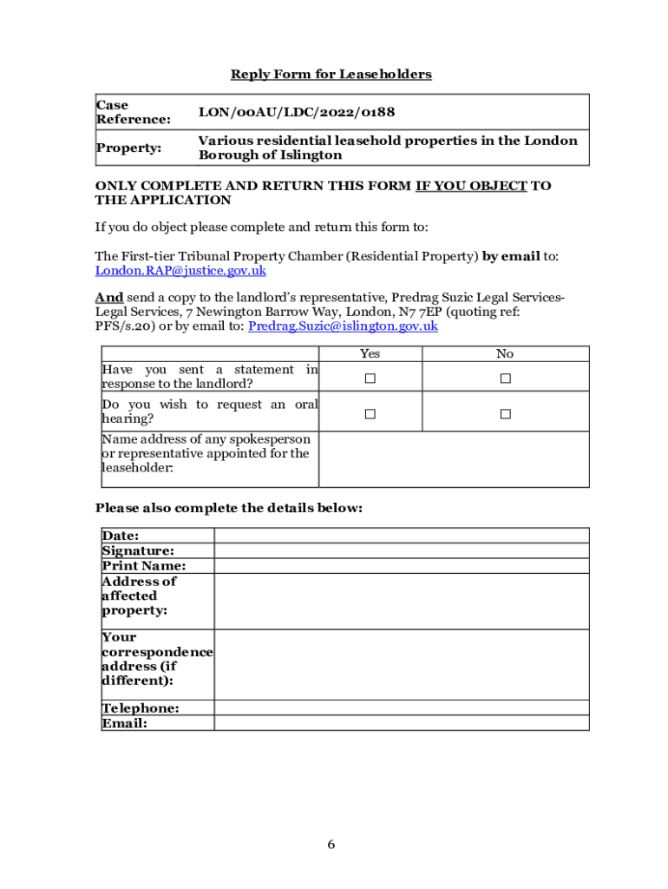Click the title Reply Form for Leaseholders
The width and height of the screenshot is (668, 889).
click(x=331, y=75)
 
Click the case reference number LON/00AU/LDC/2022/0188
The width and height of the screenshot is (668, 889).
click(x=290, y=112)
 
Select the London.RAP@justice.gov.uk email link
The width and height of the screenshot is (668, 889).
click(x=180, y=271)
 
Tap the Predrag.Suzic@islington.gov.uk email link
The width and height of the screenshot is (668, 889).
click(x=343, y=326)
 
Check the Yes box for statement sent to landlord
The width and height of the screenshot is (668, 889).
click(x=370, y=379)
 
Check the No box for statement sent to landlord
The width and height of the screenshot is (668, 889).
click(x=505, y=379)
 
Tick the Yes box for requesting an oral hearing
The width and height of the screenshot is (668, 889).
click(x=370, y=414)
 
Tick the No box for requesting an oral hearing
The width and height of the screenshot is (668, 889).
click(x=505, y=414)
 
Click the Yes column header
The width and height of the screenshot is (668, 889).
click(x=370, y=353)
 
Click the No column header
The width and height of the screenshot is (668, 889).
click(x=505, y=353)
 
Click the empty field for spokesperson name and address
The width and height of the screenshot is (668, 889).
click(x=454, y=459)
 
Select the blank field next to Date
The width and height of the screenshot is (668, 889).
click(x=401, y=536)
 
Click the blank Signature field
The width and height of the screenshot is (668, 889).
click(x=401, y=550)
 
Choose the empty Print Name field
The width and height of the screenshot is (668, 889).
click(x=401, y=566)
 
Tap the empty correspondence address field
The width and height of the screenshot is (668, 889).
click(x=401, y=664)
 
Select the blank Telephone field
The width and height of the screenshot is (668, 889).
click(x=401, y=708)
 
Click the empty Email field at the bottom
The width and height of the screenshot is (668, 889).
click(x=401, y=723)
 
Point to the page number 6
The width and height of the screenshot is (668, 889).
click(x=331, y=845)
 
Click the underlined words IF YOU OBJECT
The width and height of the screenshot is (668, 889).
click(x=471, y=186)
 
